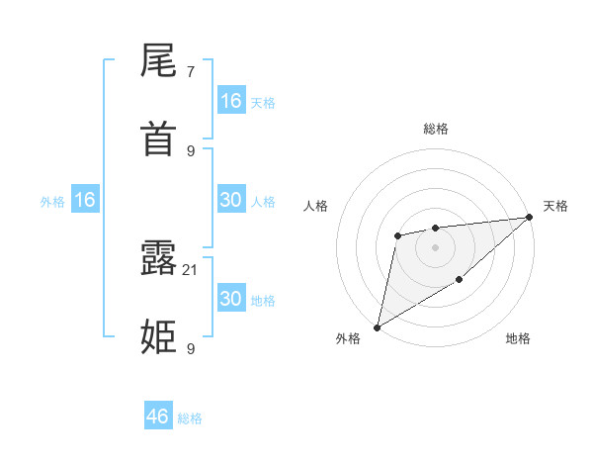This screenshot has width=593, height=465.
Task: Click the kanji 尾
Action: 159,63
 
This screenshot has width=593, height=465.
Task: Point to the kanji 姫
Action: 159,336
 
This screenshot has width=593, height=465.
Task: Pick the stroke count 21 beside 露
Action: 191,270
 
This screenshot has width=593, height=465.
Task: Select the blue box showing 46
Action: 158,417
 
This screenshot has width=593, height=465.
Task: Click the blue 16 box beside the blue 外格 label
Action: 85,200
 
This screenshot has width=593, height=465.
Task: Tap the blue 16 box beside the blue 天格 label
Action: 231,101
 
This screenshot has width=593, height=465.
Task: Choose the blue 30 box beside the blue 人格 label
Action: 231,200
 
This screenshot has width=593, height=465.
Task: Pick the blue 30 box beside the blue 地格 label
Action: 231,299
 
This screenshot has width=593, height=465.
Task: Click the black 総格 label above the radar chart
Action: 435,129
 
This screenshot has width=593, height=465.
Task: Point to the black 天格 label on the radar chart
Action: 555,206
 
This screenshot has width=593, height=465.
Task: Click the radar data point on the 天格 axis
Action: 531,217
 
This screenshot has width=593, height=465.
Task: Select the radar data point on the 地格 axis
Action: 460,281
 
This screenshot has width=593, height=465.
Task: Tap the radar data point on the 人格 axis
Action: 397,235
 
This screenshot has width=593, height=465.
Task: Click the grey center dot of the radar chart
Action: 435,247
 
